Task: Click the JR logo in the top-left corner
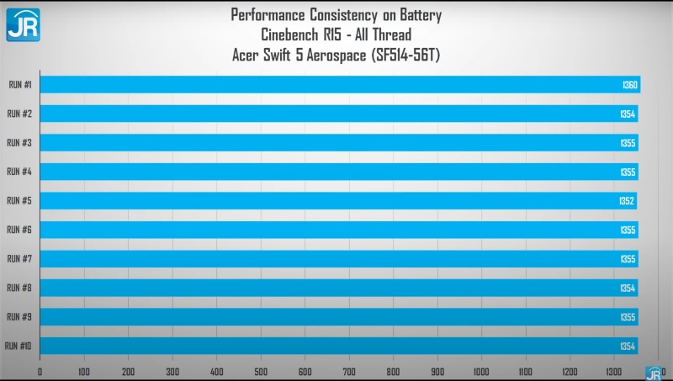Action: click(x=24, y=25)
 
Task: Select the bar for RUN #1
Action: click(x=341, y=84)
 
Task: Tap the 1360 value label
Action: click(x=629, y=85)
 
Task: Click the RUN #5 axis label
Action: click(x=19, y=201)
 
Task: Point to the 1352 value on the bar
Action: click(x=627, y=201)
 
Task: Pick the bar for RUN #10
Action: click(x=339, y=346)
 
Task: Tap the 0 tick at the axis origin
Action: click(x=40, y=372)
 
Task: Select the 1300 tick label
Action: click(x=614, y=372)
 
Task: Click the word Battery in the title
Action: click(x=421, y=15)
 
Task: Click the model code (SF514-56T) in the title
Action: click(x=406, y=55)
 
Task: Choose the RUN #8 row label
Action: click(x=19, y=288)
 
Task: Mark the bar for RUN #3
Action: click(x=339, y=142)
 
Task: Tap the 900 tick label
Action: click(x=437, y=372)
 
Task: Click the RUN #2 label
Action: click(x=19, y=114)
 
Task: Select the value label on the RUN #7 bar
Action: click(x=628, y=259)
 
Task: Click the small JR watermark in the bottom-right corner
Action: click(x=654, y=373)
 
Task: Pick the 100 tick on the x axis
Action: click(x=84, y=372)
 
